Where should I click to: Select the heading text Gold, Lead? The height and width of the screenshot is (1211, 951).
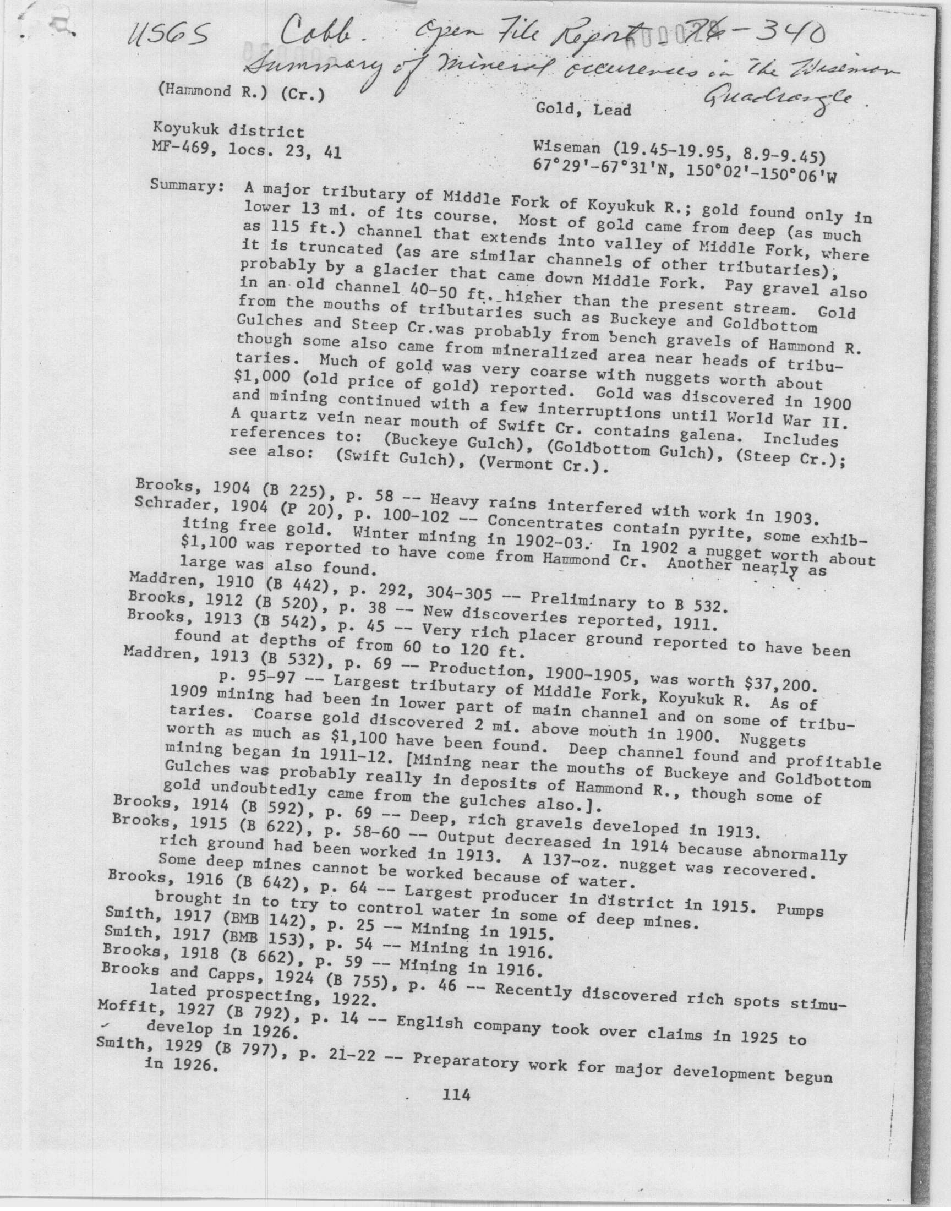click(583, 109)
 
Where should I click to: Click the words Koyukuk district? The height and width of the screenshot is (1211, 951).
click(229, 132)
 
